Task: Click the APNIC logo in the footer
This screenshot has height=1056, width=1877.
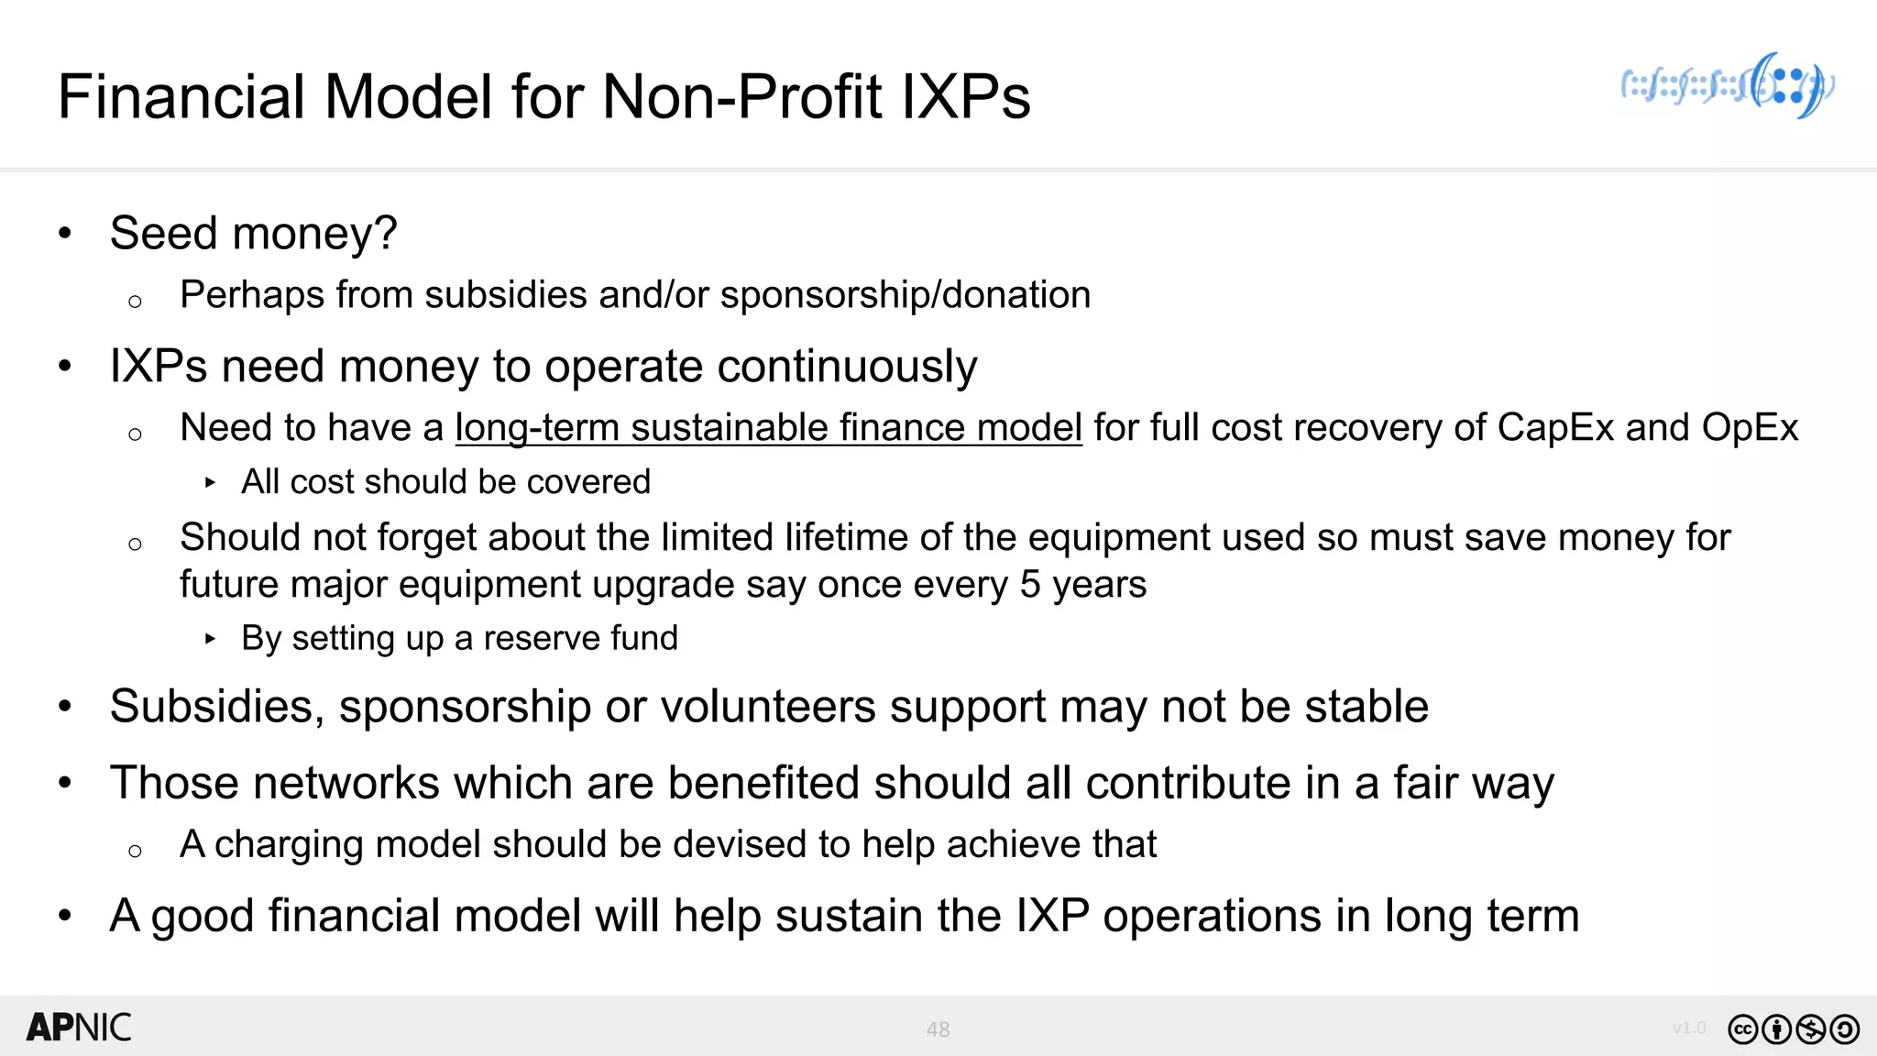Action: tap(79, 1028)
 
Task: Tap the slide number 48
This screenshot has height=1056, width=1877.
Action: tap(938, 1029)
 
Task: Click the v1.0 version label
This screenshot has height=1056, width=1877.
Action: tap(1689, 1028)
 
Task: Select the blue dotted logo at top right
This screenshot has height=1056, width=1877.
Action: tap(1728, 86)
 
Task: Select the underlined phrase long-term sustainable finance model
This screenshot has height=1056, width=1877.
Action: tap(768, 428)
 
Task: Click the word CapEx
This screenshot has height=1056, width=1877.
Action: tap(1555, 428)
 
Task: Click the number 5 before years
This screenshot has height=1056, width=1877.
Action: tap(1029, 585)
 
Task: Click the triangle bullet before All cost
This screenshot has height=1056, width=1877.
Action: tap(211, 482)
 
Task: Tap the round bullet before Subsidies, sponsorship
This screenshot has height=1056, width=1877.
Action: tap(64, 707)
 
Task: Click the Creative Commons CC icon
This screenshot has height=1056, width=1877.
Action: tap(1743, 1029)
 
